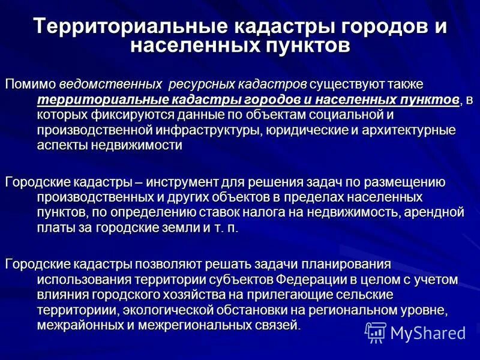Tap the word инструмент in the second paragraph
[178, 182]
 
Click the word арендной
[431, 213]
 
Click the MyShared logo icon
[376, 332]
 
